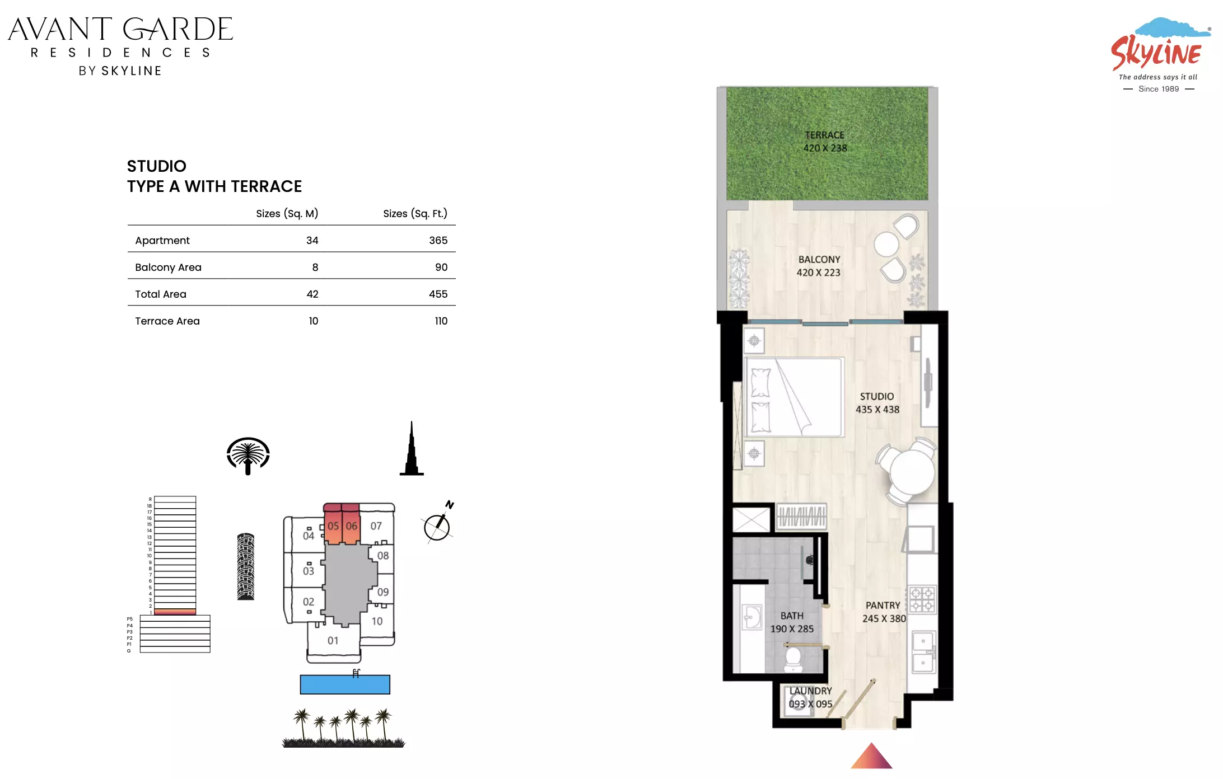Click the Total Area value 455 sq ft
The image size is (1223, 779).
(438, 294)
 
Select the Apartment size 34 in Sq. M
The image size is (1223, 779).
(312, 240)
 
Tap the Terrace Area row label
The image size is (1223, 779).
(167, 321)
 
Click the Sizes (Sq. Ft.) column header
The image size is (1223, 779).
(415, 213)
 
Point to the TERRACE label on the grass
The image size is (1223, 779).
(824, 135)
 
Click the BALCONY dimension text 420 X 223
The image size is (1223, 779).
(818, 273)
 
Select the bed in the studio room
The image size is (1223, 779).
(794, 397)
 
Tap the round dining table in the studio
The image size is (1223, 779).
(912, 471)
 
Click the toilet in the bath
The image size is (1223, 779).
(793, 659)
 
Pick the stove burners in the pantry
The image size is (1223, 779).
(922, 599)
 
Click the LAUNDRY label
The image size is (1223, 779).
(810, 691)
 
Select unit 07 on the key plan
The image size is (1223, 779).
(376, 526)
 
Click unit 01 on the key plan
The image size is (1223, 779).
(333, 640)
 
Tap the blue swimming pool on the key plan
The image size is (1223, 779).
(345, 684)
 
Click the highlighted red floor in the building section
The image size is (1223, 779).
(175, 612)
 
